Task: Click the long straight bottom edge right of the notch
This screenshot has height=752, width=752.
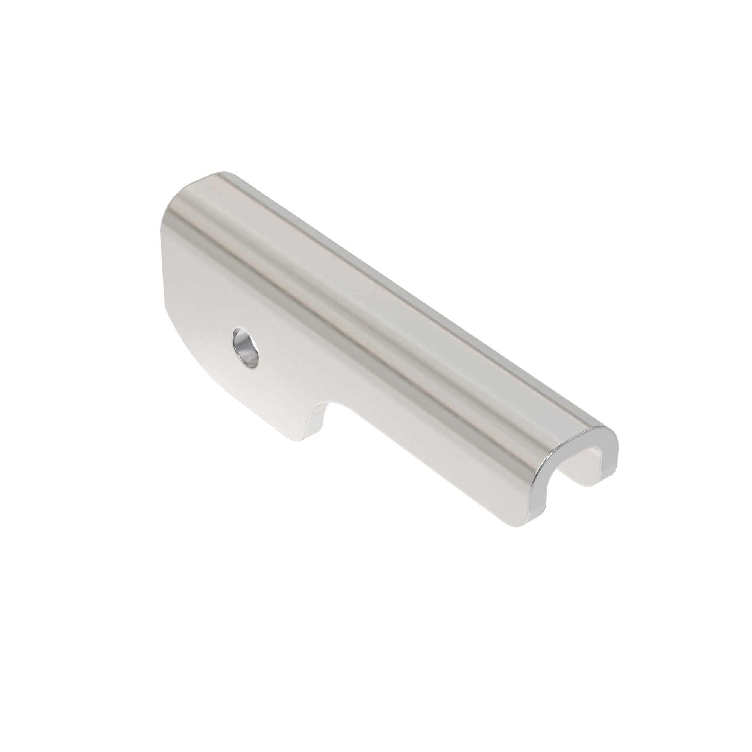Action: pyautogui.click(x=428, y=467)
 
